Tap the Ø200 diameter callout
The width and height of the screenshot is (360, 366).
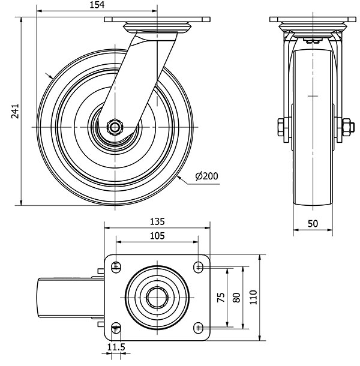pyautogui.click(x=206, y=176)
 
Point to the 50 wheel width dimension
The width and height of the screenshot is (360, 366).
pyautogui.click(x=313, y=223)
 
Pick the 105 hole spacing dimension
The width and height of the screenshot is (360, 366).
pyautogui.click(x=157, y=236)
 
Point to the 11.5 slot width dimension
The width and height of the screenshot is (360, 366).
pyautogui.click(x=115, y=347)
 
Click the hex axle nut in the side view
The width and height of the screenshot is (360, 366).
pyautogui.click(x=113, y=127)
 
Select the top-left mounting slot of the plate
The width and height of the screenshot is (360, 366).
pyautogui.click(x=116, y=266)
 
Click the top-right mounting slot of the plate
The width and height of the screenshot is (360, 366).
pyautogui.click(x=198, y=266)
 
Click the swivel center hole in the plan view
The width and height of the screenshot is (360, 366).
pyautogui.click(x=157, y=296)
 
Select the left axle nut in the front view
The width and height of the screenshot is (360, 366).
pyautogui.click(x=281, y=127)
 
